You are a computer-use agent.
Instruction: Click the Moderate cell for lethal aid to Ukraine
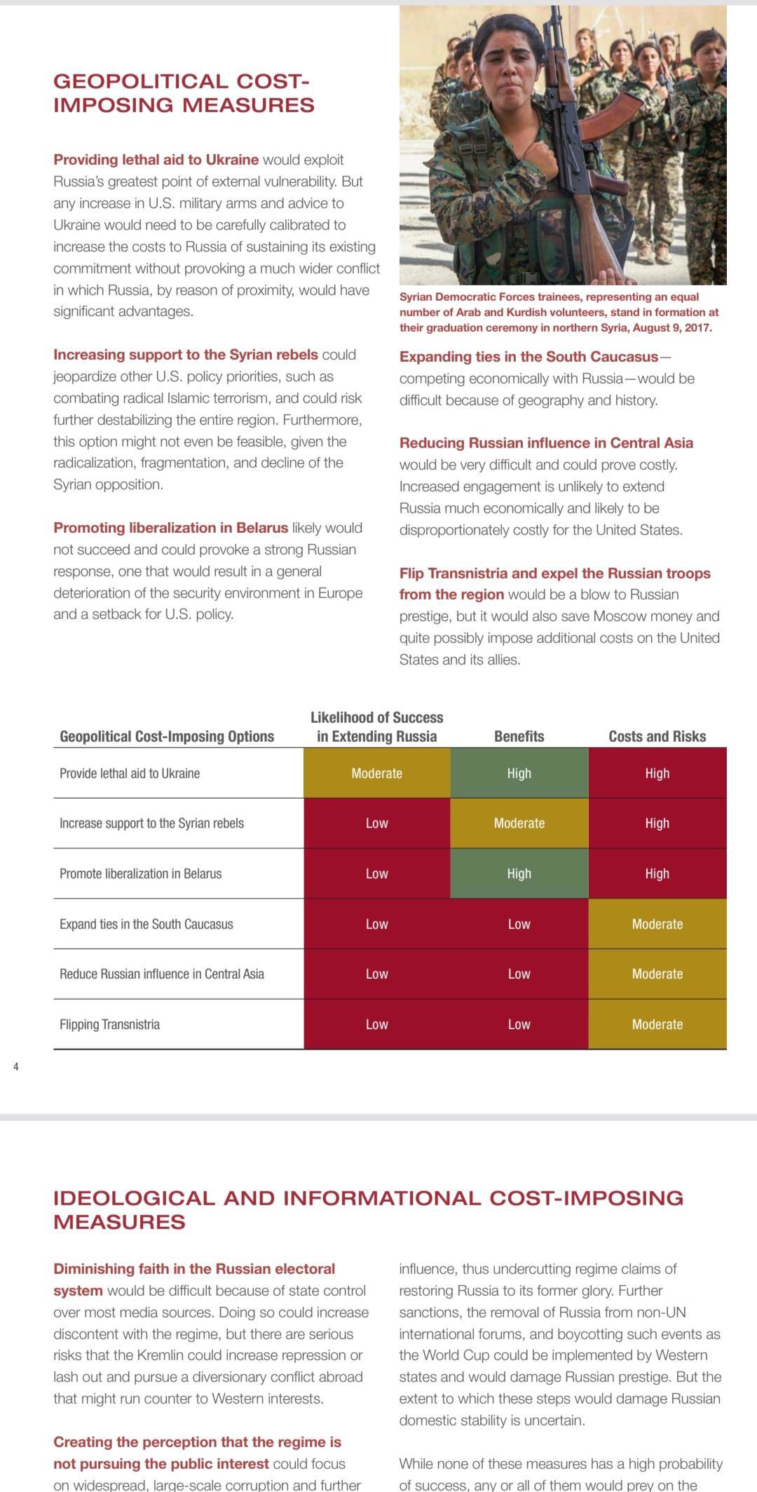point(376,773)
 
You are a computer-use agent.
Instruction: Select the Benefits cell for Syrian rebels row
point(519,823)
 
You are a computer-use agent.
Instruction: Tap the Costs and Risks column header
point(657,736)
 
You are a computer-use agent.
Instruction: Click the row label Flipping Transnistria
point(109,1024)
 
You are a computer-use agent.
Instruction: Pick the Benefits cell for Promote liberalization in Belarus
point(519,874)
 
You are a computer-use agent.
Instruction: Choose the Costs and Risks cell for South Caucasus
point(657,924)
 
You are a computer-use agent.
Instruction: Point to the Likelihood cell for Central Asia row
point(376,974)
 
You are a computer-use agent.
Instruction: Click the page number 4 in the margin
point(16,1067)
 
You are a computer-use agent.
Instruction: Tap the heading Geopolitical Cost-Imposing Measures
point(184,93)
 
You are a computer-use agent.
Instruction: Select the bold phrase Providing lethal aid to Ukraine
point(156,160)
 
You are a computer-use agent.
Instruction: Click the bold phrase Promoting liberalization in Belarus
point(170,528)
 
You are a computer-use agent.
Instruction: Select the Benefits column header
point(519,736)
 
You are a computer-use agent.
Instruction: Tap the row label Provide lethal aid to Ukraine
point(130,773)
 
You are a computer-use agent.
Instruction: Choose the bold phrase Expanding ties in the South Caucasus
point(529,357)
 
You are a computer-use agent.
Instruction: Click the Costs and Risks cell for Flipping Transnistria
point(657,1024)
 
